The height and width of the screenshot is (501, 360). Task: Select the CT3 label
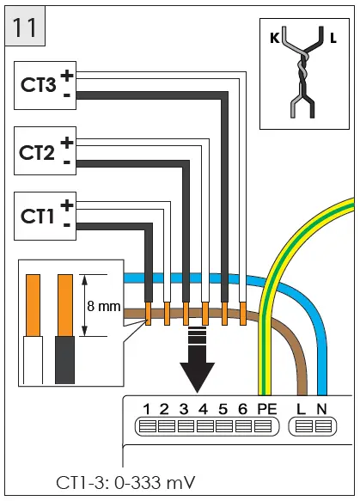tap(39, 85)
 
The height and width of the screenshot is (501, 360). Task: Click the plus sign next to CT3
tap(66, 76)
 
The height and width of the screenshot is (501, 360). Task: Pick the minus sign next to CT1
tap(66, 226)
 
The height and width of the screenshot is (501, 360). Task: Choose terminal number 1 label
tap(148, 409)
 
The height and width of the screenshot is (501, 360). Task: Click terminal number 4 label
tap(204, 409)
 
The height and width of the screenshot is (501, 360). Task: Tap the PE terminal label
tap(266, 409)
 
